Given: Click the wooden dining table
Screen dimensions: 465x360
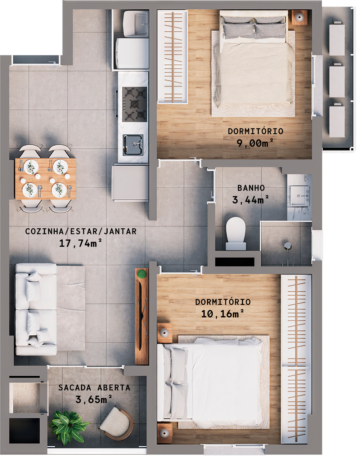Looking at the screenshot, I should point(45,178).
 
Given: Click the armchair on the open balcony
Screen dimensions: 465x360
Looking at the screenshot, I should point(117,424).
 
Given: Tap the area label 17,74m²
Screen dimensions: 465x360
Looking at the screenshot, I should point(80,243).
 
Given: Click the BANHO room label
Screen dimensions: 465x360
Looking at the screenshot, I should point(251,188).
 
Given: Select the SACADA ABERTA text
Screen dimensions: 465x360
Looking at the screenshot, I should point(94,388).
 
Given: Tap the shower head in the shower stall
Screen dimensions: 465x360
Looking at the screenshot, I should point(287,246).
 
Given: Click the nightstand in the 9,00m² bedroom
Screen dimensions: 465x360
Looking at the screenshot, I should point(299,17).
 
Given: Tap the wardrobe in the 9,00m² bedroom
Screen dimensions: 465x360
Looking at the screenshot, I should point(173,57).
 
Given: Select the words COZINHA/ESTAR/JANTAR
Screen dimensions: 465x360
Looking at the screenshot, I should point(81,231).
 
